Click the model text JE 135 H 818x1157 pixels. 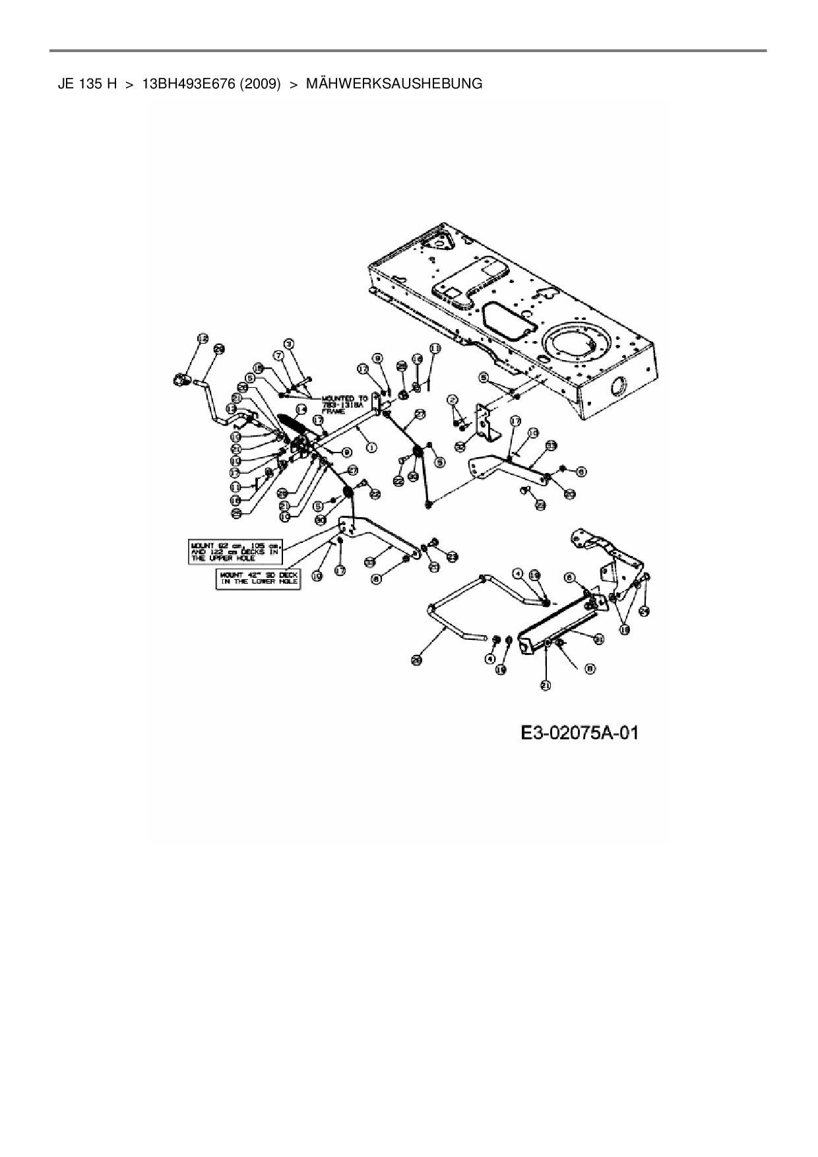87,84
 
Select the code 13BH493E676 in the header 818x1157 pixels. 188,84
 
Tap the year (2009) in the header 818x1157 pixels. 261,84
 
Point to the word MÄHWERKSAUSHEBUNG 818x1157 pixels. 394,84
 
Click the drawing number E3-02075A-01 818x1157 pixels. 579,733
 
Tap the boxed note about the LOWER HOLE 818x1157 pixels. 258,578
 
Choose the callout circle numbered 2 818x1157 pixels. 452,399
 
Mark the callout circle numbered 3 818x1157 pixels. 289,344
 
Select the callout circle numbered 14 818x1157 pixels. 302,410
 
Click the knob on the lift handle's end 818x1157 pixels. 179,379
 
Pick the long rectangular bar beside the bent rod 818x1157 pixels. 561,620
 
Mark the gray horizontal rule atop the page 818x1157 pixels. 408,51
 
